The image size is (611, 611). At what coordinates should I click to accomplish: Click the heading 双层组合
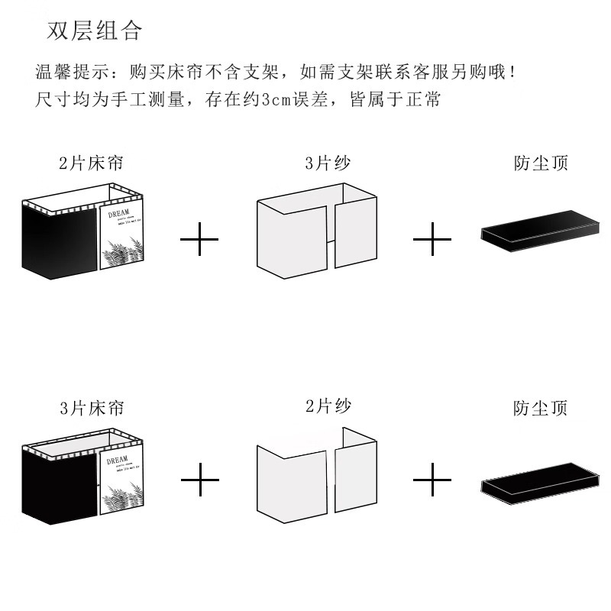(x=95, y=31)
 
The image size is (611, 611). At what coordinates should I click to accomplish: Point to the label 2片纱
(x=328, y=406)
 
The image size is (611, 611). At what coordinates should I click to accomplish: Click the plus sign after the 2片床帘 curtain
(x=199, y=241)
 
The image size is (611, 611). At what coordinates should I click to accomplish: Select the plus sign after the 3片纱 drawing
(x=432, y=241)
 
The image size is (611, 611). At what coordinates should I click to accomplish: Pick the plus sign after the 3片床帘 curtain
(x=199, y=480)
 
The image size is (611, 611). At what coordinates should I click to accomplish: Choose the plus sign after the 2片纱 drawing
(x=432, y=480)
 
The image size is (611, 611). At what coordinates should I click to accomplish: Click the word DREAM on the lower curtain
(x=118, y=461)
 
